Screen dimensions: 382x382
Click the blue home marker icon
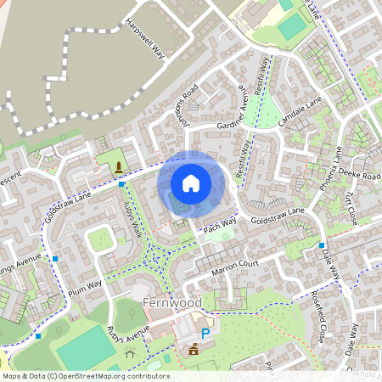pos(191,183)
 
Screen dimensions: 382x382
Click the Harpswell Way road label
pos(144,37)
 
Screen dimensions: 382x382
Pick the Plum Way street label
pos(85,282)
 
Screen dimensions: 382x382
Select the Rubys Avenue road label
pos(128,333)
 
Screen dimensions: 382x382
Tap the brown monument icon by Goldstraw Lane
pos(117,166)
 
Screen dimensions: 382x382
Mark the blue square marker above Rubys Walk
pos(122,184)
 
